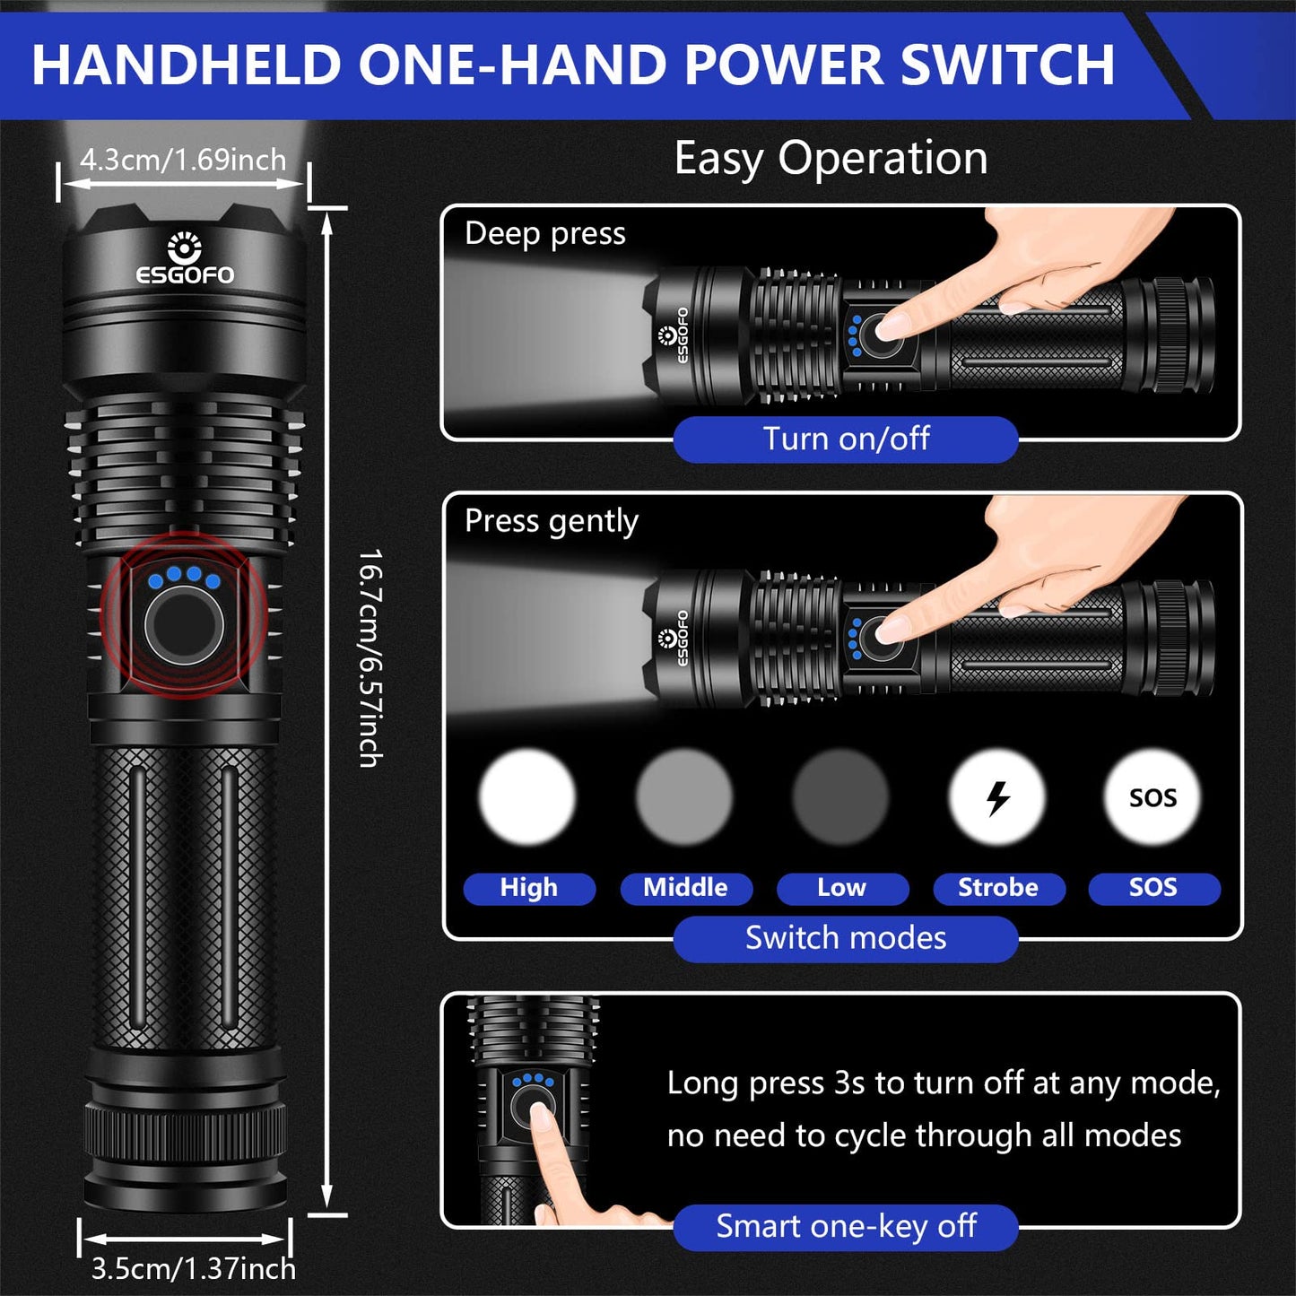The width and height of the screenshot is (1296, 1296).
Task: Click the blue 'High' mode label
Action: pos(528,888)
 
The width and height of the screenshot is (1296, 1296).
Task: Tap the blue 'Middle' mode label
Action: pos(685,888)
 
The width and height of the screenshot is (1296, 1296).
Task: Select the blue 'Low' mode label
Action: pos(841,888)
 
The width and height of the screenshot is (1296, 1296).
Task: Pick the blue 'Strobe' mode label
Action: pos(998,888)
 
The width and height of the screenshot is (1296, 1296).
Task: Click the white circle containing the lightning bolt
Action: pos(997,797)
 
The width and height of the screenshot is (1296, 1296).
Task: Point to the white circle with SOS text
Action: pos(1152,797)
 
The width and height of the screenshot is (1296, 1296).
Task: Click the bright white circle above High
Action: pos(527,797)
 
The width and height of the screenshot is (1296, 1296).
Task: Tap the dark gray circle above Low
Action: pos(840,797)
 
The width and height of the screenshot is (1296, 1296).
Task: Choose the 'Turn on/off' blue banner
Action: pos(846,439)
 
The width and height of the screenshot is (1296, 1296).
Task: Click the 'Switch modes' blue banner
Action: pos(846,938)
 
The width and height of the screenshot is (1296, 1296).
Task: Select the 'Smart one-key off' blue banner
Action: pos(846,1226)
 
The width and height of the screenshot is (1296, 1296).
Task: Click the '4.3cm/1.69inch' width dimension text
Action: pos(183,160)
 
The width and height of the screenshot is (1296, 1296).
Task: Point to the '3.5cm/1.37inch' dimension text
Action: pos(193,1269)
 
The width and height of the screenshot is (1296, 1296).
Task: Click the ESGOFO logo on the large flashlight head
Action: pos(185,260)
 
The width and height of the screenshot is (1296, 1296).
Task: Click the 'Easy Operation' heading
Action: pos(831,159)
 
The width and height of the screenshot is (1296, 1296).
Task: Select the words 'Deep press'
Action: pos(545,233)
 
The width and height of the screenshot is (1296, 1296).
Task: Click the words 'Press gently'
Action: pos(552,521)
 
